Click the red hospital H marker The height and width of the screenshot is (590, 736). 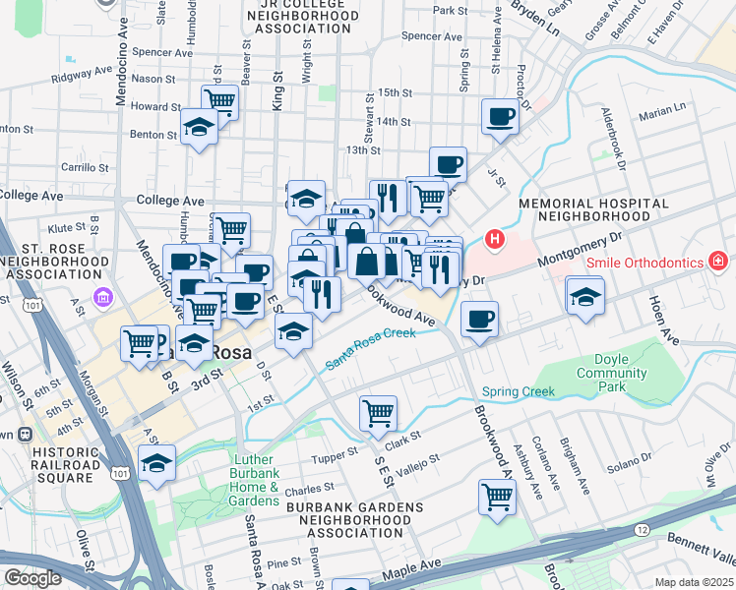[495, 239]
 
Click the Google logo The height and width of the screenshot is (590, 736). [32, 577]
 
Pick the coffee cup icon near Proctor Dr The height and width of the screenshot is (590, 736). [500, 117]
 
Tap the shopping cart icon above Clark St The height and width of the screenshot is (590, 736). [377, 413]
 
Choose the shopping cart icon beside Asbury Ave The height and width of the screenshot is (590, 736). [497, 497]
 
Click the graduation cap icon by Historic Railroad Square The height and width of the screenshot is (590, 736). [157, 462]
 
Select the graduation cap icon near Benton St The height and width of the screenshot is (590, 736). [200, 127]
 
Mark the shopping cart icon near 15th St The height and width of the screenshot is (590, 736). [220, 101]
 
